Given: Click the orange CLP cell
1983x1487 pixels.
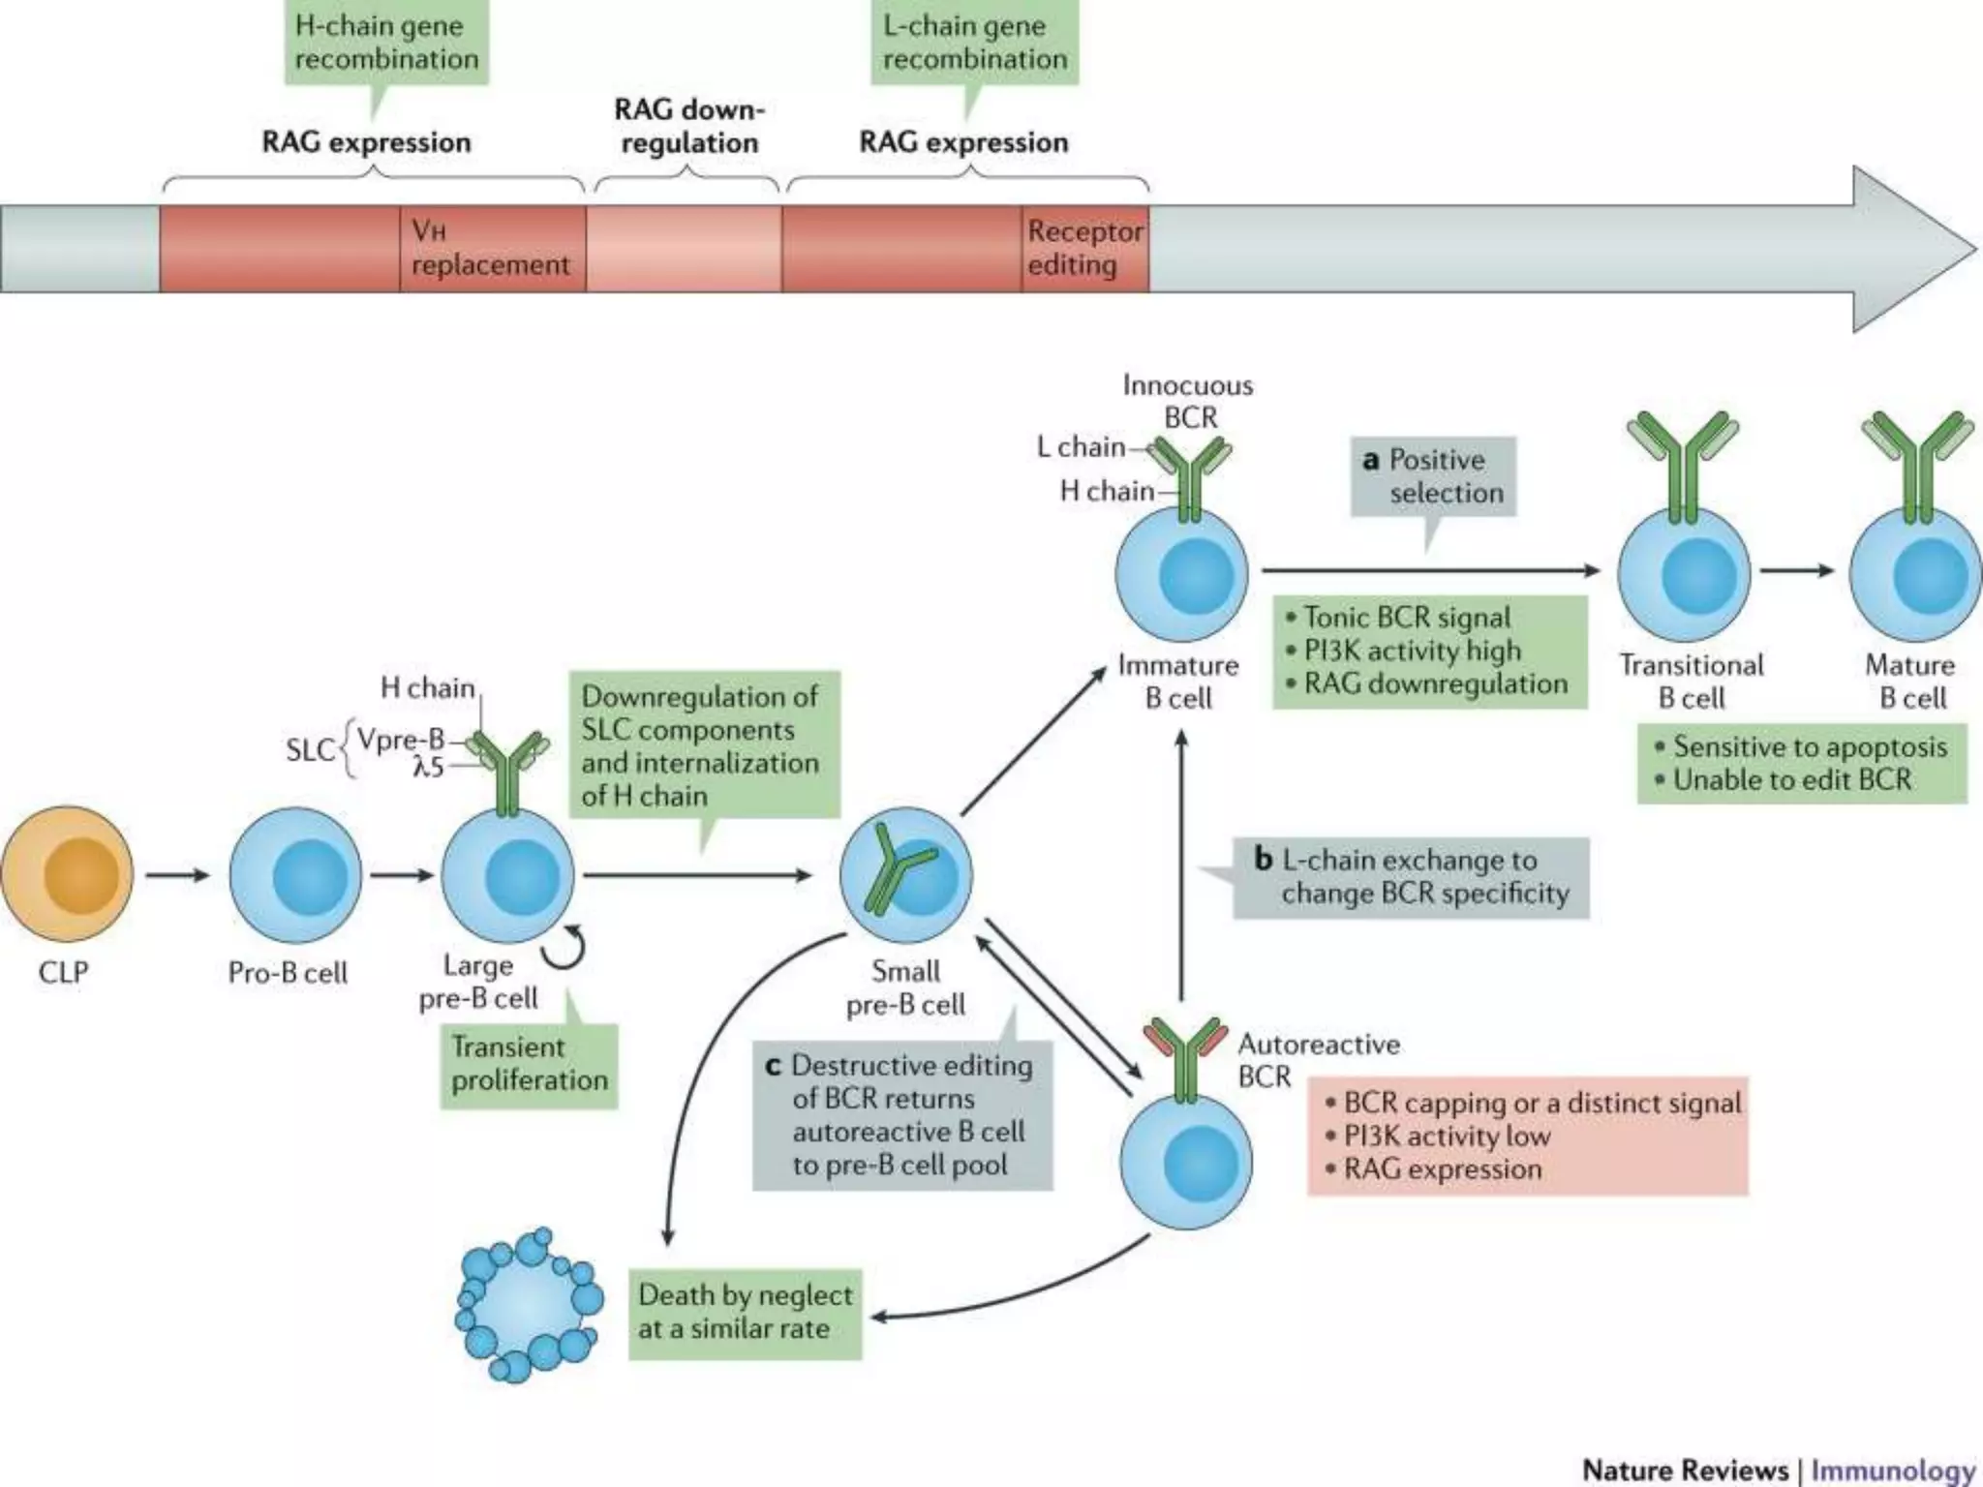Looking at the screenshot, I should click(x=67, y=875).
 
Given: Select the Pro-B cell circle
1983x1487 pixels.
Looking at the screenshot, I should click(x=295, y=875).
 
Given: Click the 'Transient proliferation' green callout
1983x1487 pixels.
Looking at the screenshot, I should click(x=529, y=1063).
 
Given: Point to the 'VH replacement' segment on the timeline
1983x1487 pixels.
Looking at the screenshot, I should click(x=492, y=249).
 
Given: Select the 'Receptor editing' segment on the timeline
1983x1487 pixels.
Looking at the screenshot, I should click(x=1084, y=249).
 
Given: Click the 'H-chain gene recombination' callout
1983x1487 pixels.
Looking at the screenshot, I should click(x=386, y=44).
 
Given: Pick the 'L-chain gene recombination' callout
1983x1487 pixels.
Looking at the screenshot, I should click(x=974, y=44).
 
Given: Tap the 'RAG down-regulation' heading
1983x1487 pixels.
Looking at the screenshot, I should click(x=689, y=126).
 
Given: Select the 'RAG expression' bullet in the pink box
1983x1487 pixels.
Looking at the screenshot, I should click(x=1442, y=1169).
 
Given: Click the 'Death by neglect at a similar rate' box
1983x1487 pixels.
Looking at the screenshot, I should click(x=745, y=1313).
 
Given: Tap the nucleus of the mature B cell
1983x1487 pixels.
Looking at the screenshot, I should click(x=1929, y=574).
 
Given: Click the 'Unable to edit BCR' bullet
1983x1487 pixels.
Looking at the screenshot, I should click(x=1791, y=780).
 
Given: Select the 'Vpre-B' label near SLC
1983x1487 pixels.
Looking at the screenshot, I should click(x=400, y=740).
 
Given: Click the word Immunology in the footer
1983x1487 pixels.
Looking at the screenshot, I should click(x=1893, y=1470).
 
